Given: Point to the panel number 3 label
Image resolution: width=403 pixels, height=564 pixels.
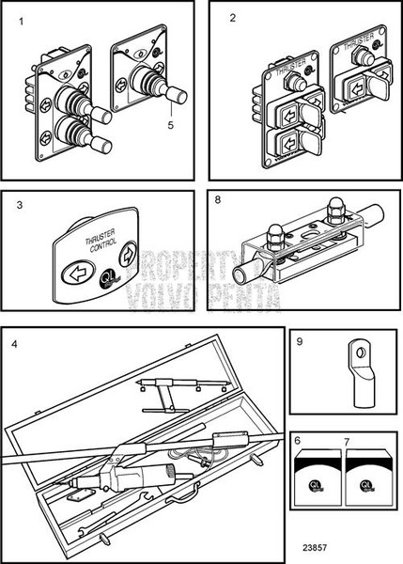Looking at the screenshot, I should click(x=19, y=204).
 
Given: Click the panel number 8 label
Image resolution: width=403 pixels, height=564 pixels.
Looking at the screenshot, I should click(x=218, y=200).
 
